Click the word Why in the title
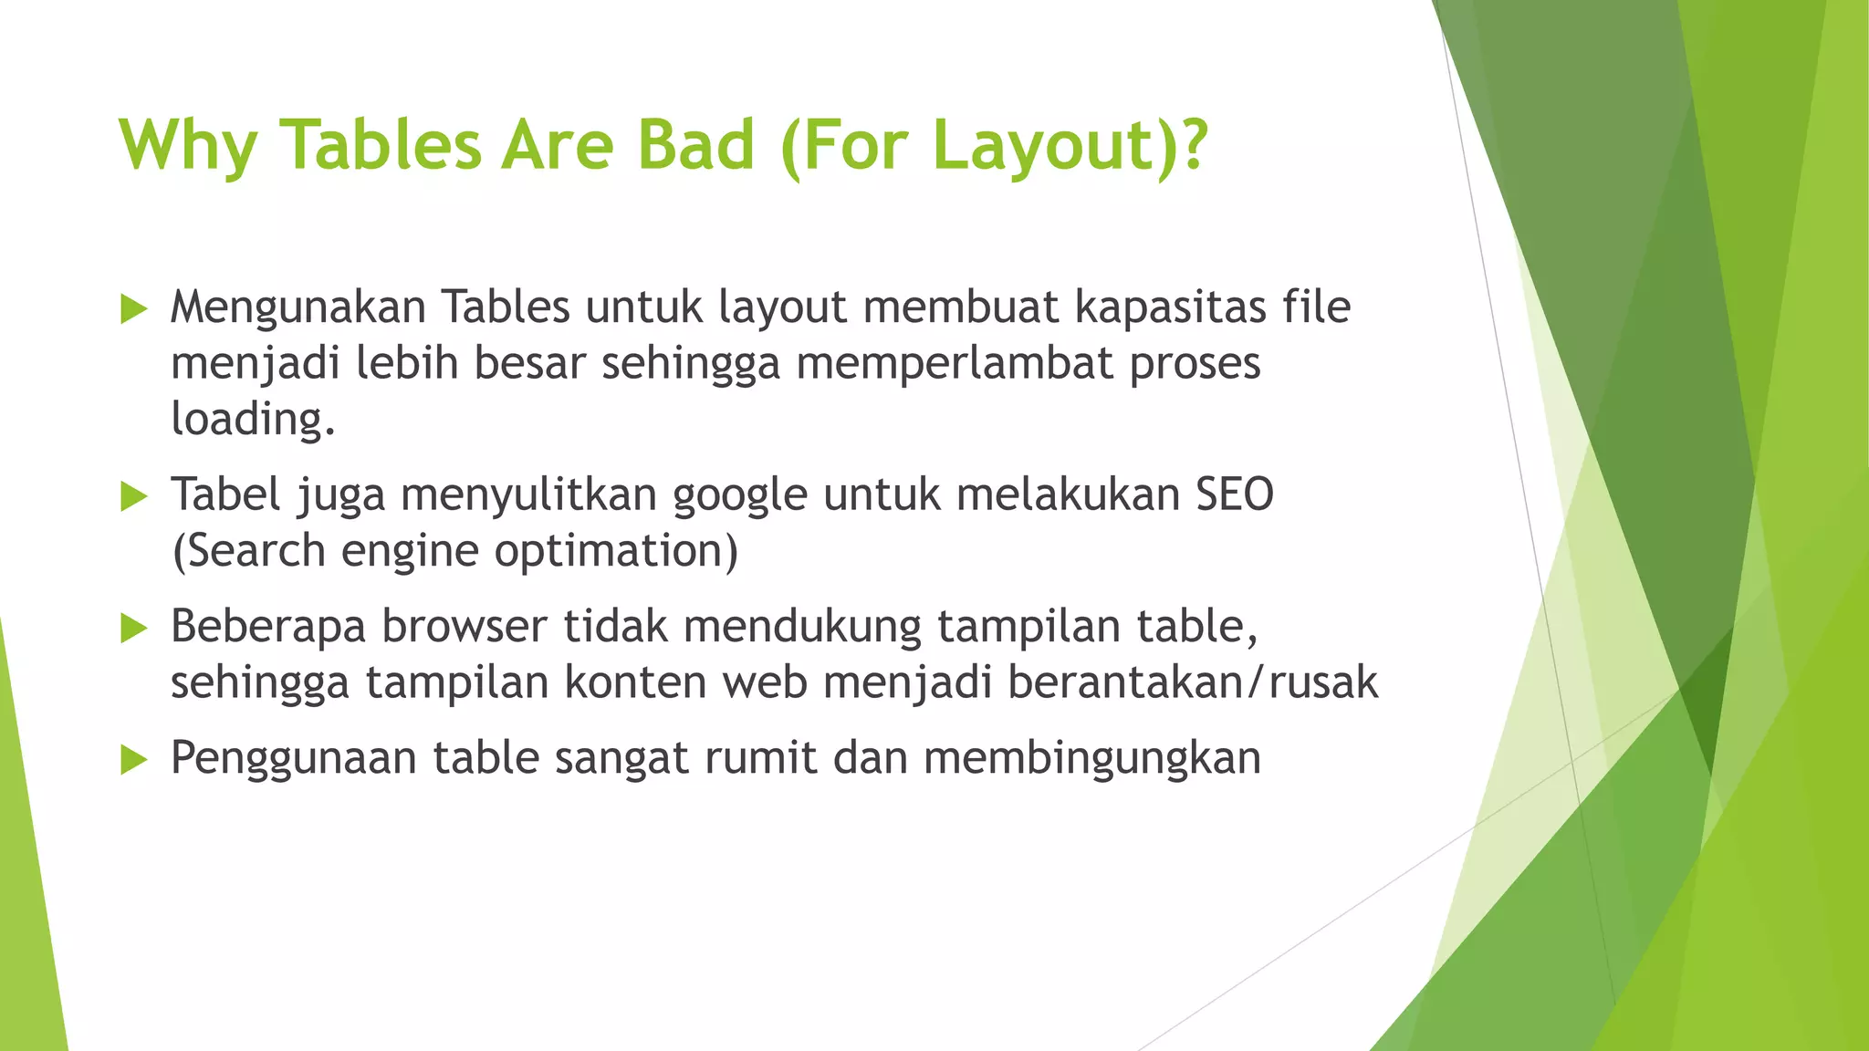tap(188, 146)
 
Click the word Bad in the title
tap(695, 146)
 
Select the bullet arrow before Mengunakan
tap(133, 309)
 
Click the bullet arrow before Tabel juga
tap(133, 497)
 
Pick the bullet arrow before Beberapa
tap(133, 629)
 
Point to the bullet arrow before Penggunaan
tap(133, 759)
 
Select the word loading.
tap(253, 420)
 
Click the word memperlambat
tap(955, 363)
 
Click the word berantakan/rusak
tap(1192, 682)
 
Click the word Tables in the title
tap(380, 146)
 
